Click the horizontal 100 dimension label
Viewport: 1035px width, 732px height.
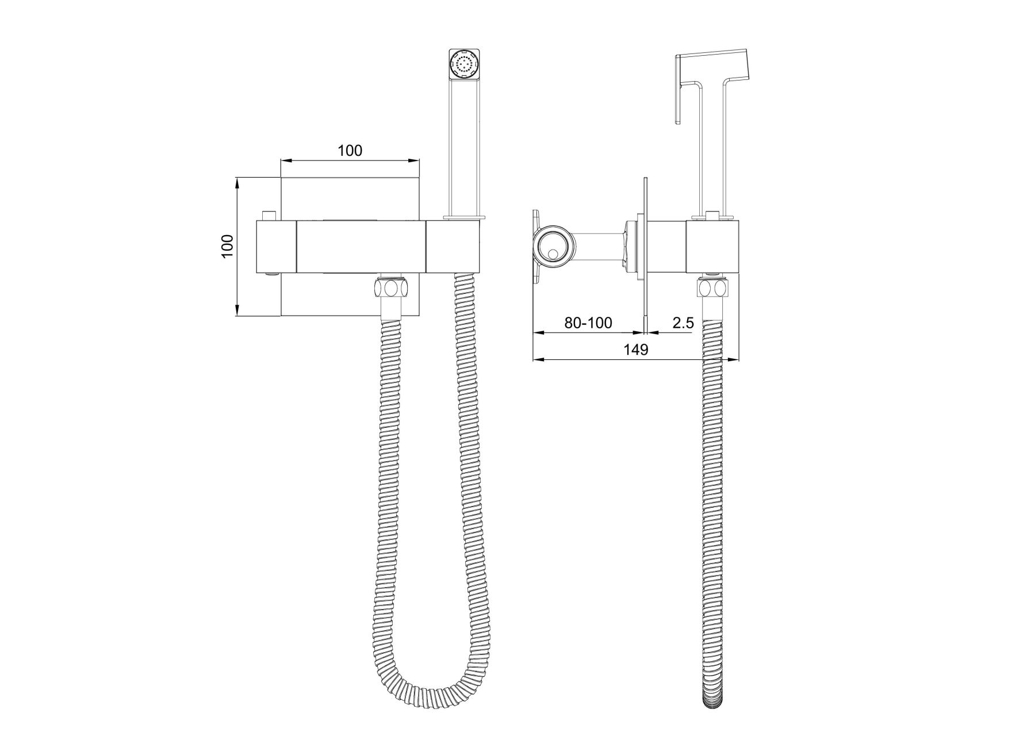coord(350,151)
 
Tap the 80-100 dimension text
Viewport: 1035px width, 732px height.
coord(588,323)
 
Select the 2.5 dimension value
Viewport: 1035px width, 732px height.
coord(683,323)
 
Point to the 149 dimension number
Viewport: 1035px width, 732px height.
coord(636,350)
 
